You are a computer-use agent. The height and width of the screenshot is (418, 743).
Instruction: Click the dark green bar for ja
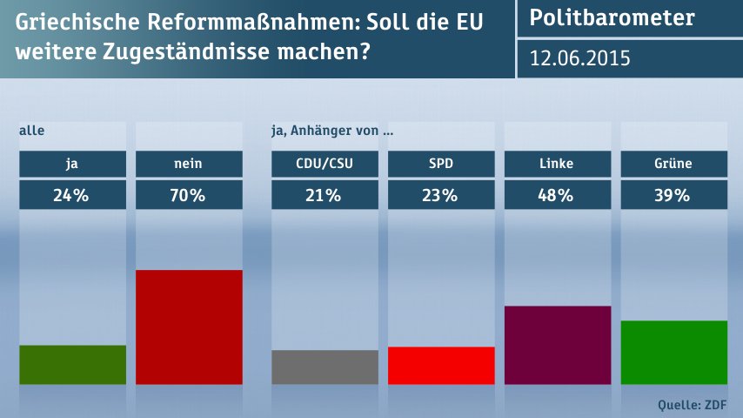(x=72, y=365)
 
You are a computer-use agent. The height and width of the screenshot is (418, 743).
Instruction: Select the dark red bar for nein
(x=190, y=327)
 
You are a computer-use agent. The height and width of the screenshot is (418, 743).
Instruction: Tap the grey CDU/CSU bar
(x=325, y=367)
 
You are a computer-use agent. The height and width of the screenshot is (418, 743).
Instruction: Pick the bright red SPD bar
(x=441, y=366)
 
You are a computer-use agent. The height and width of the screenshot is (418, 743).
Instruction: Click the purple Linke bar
(x=558, y=345)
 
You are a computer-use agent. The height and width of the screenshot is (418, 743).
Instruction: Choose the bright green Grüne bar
(x=673, y=353)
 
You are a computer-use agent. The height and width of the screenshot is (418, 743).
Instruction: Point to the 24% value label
(x=72, y=196)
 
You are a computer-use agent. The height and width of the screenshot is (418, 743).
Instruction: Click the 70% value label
(x=190, y=196)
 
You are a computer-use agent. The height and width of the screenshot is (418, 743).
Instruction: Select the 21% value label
(x=325, y=196)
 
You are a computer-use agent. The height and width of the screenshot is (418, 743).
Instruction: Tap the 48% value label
(x=558, y=196)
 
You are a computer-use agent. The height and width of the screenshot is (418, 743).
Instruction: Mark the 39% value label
(x=673, y=196)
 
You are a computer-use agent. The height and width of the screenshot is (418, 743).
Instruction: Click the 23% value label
(x=441, y=196)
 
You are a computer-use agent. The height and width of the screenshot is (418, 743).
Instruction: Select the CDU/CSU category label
(x=325, y=163)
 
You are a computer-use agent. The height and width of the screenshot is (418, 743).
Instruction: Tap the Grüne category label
(x=673, y=163)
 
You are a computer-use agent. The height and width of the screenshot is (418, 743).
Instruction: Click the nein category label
(x=190, y=163)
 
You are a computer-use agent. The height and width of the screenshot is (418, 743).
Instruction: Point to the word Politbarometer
(x=612, y=18)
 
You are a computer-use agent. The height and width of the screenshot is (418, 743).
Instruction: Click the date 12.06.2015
(x=580, y=58)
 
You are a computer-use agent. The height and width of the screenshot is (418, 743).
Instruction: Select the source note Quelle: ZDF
(x=693, y=404)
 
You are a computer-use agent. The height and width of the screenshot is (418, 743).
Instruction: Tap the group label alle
(x=31, y=131)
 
